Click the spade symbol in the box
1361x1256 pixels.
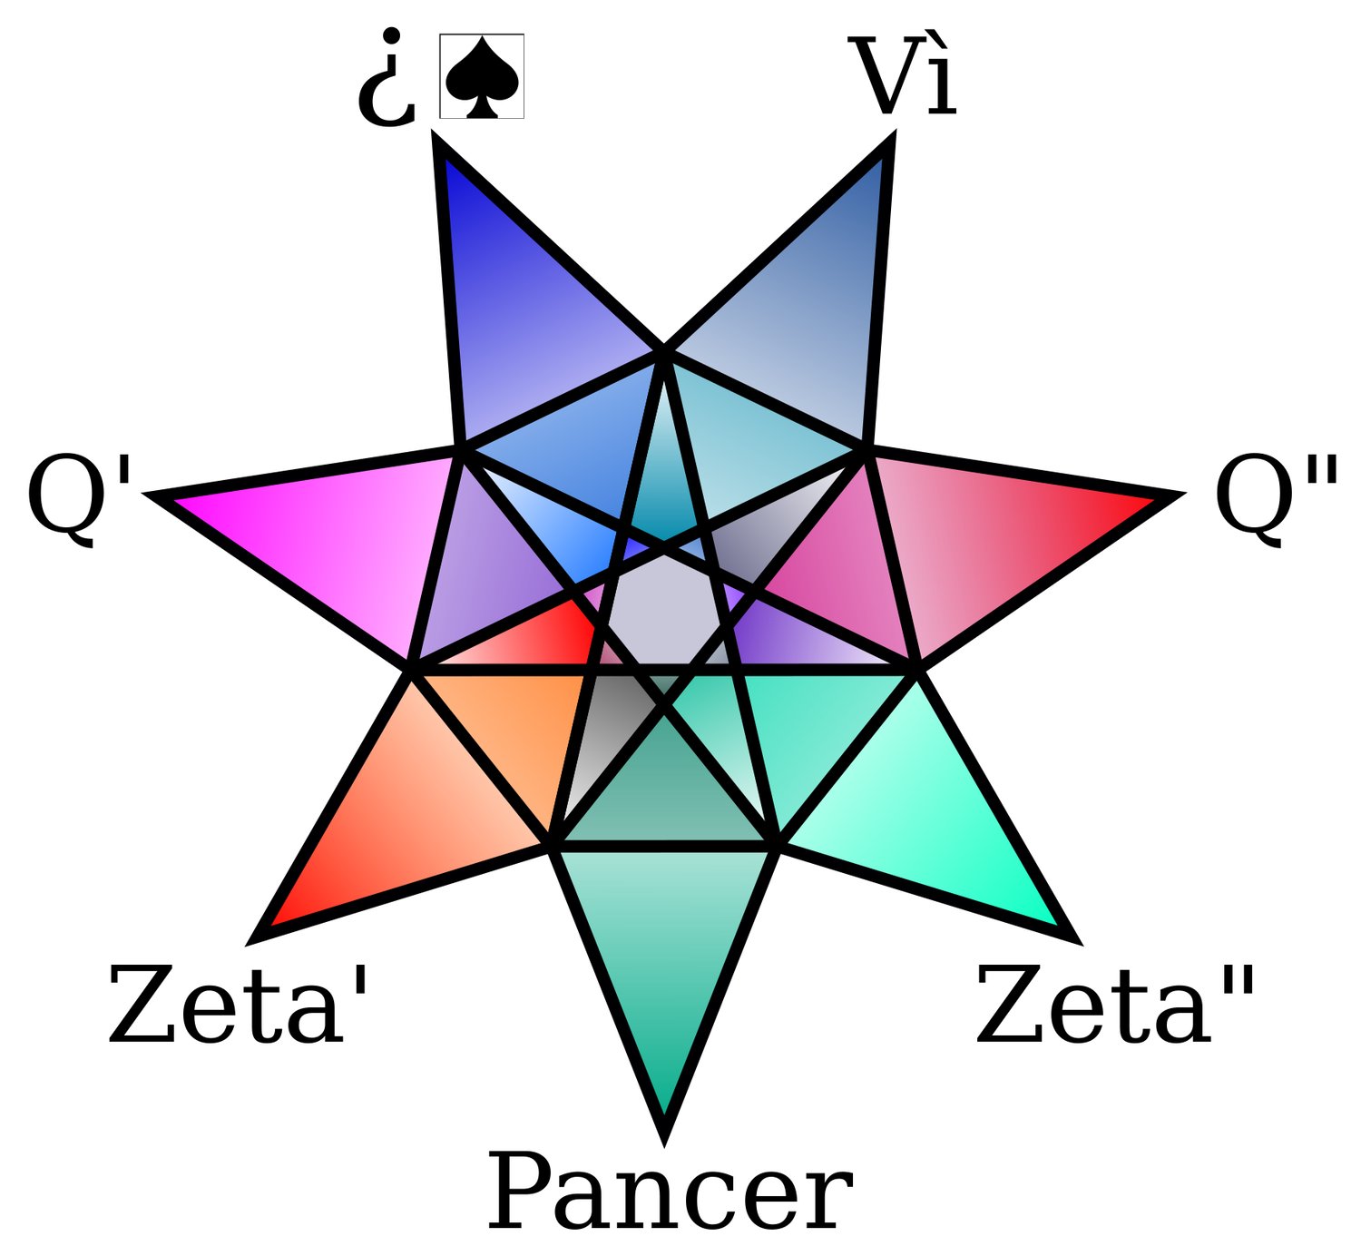482,76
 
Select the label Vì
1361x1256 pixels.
902,78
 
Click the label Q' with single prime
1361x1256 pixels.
80,498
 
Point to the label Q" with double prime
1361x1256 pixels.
1276,498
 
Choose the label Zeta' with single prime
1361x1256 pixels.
239,1005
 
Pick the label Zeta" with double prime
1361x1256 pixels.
1115,1005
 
